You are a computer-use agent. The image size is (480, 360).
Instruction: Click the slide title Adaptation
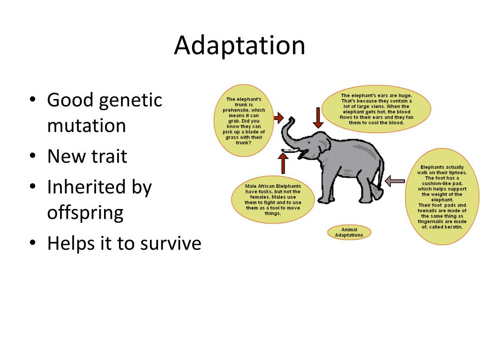click(240, 45)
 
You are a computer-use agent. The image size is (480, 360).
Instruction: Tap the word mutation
click(87, 126)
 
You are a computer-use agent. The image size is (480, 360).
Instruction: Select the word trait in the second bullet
click(109, 156)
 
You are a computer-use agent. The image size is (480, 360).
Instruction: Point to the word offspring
click(85, 213)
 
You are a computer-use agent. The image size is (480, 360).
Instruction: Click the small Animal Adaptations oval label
click(349, 232)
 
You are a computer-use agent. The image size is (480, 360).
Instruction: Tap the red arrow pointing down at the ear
click(318, 118)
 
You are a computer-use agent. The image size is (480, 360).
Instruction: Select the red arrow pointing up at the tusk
click(283, 164)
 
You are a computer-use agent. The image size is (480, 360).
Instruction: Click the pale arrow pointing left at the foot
click(395, 181)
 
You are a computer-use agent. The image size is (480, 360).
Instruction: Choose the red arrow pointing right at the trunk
click(278, 118)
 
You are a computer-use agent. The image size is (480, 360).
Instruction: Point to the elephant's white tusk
click(290, 150)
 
